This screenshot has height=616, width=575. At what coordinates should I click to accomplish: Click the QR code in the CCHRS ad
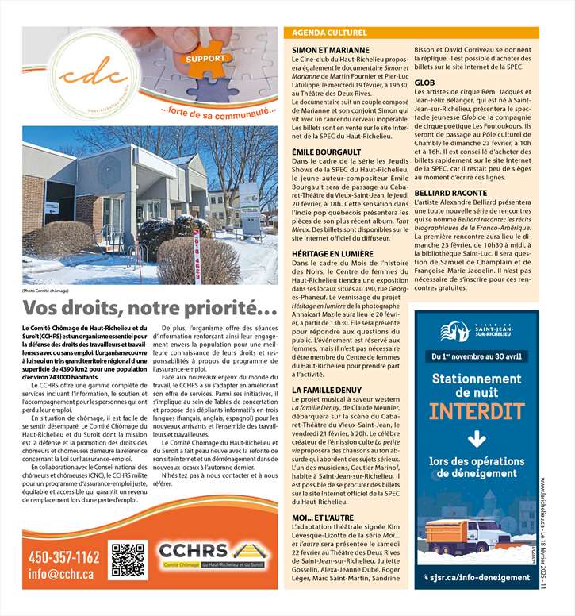[128, 560]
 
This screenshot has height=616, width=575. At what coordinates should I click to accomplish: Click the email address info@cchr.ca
[61, 574]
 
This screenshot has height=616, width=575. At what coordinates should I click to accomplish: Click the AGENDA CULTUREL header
[330, 33]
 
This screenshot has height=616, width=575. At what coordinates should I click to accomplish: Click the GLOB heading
[424, 83]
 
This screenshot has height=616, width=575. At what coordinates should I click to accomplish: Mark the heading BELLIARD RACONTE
[450, 192]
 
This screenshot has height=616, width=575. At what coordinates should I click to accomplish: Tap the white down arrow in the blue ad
[477, 439]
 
